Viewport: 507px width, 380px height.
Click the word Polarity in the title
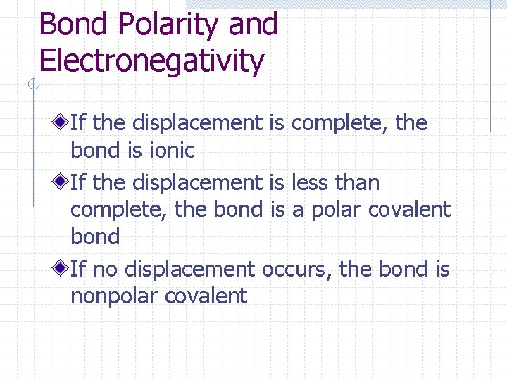pos(169,25)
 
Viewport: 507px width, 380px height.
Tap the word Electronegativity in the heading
pos(151,61)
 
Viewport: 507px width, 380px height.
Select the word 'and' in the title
pos(254,25)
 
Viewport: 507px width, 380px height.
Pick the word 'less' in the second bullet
pos(311,183)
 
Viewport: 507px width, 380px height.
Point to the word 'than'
pos(357,183)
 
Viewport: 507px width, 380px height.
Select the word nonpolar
pos(114,296)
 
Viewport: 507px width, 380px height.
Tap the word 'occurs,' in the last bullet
pos(297,270)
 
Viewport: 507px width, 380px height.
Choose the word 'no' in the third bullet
pos(102,270)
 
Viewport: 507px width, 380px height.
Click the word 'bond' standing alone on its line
pos(95,236)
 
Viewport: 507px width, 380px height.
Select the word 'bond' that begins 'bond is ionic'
pos(95,150)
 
